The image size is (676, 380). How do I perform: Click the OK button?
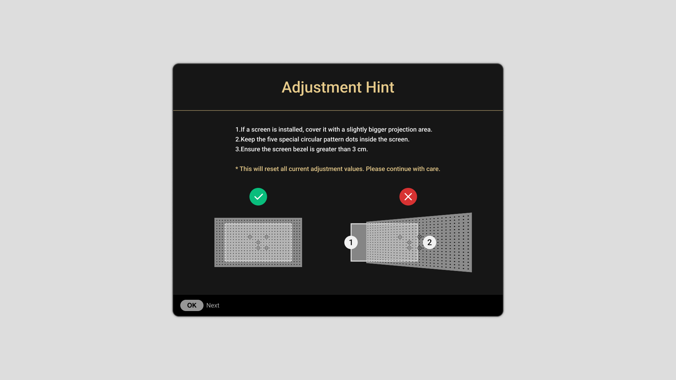coord(192,305)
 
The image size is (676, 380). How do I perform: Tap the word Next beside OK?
coord(213,305)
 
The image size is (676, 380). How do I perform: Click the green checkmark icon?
coord(258,197)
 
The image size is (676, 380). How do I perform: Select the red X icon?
coord(408,197)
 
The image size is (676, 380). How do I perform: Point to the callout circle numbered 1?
coord(351,242)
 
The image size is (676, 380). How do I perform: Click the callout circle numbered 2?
coord(430,242)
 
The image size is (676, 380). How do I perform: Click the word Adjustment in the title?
coord(321,88)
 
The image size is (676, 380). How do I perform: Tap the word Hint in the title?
coord(380,87)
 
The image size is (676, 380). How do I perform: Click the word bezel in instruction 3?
coord(300,149)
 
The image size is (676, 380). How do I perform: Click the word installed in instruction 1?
coord(290,129)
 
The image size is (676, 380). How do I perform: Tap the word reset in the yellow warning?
coord(271,169)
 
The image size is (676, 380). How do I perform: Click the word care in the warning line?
coord(433,169)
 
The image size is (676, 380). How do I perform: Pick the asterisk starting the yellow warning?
coord(237,169)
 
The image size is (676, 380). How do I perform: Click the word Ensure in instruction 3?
coord(251,149)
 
